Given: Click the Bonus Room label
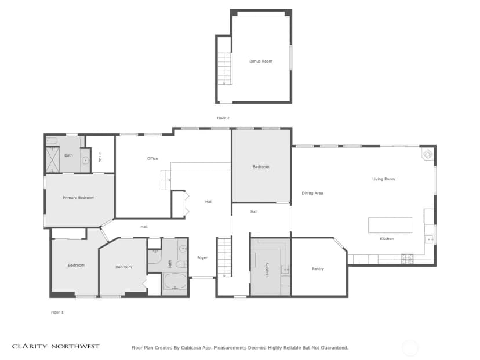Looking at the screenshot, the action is click(260, 61).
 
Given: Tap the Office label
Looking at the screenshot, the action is click(152, 159).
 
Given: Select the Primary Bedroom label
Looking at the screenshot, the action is click(79, 198).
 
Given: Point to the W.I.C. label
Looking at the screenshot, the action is click(100, 156).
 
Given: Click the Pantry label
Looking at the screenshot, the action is click(318, 269).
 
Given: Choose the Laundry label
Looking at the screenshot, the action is click(267, 270).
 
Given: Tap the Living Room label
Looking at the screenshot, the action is click(384, 179).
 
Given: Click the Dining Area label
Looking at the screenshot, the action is click(312, 193).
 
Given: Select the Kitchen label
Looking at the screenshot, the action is click(387, 238).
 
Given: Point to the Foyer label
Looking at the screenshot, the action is click(202, 258).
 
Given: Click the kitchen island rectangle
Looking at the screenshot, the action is click(390, 226).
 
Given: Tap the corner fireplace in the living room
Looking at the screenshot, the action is click(428, 154).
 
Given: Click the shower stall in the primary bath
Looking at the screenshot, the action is click(53, 160).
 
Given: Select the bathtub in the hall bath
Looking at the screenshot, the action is click(175, 281).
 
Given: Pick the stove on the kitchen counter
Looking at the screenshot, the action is click(407, 259).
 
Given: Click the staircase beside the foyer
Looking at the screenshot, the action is click(224, 257).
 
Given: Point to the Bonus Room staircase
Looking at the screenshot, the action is click(225, 68).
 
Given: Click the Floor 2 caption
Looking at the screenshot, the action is click(223, 118).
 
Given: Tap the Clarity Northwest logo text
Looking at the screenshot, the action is click(56, 346).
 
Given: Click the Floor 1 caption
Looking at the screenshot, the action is click(57, 312).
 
